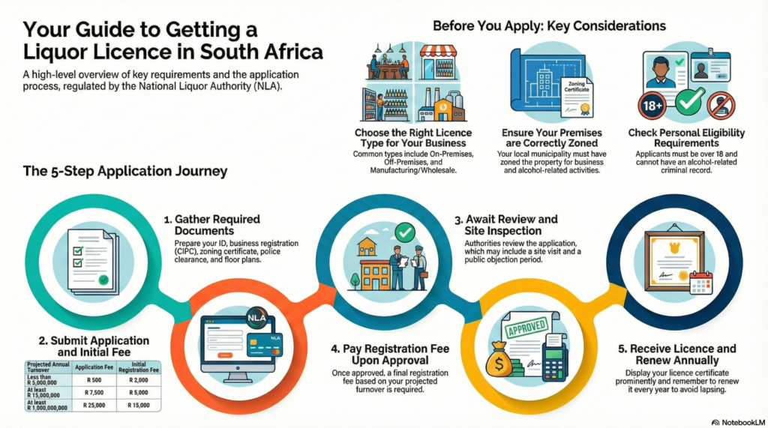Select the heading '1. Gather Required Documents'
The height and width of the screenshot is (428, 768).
click(x=211, y=225)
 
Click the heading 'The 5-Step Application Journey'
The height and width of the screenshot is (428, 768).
click(x=125, y=172)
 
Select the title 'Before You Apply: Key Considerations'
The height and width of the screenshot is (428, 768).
click(x=550, y=25)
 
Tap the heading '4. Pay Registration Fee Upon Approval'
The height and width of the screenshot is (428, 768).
click(x=391, y=355)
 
